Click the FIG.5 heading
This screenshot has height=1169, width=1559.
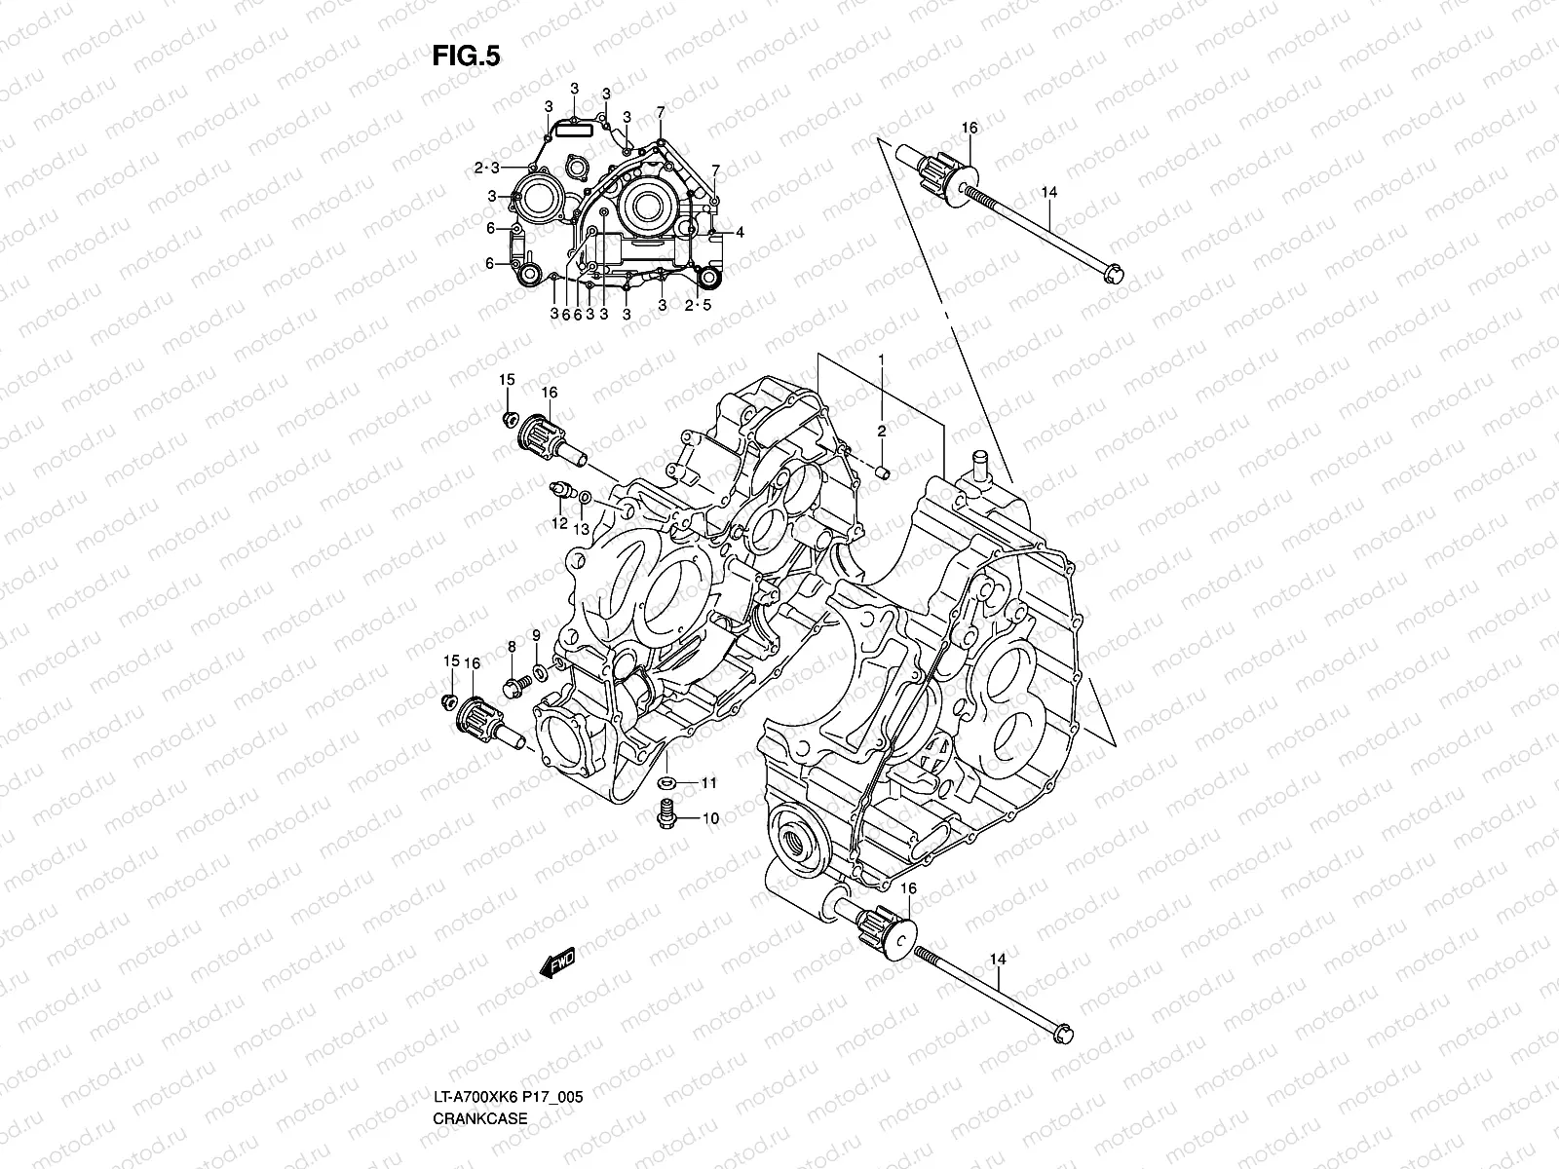[466, 57]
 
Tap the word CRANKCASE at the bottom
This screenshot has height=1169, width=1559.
[480, 1064]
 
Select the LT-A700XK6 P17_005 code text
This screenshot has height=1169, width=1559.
[508, 1043]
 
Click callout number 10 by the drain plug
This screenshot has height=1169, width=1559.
[709, 818]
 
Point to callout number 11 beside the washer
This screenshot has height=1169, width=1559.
[708, 783]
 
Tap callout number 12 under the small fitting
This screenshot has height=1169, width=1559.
[559, 523]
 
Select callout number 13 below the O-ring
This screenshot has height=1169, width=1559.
[582, 529]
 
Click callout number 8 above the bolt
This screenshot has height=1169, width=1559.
[511, 646]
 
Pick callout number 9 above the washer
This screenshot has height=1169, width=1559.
[535, 636]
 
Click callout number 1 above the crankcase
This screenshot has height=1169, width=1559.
[881, 359]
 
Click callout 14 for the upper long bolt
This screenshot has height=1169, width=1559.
[1047, 193]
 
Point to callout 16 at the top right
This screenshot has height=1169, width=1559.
[969, 128]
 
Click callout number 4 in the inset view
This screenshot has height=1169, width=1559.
[741, 232]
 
